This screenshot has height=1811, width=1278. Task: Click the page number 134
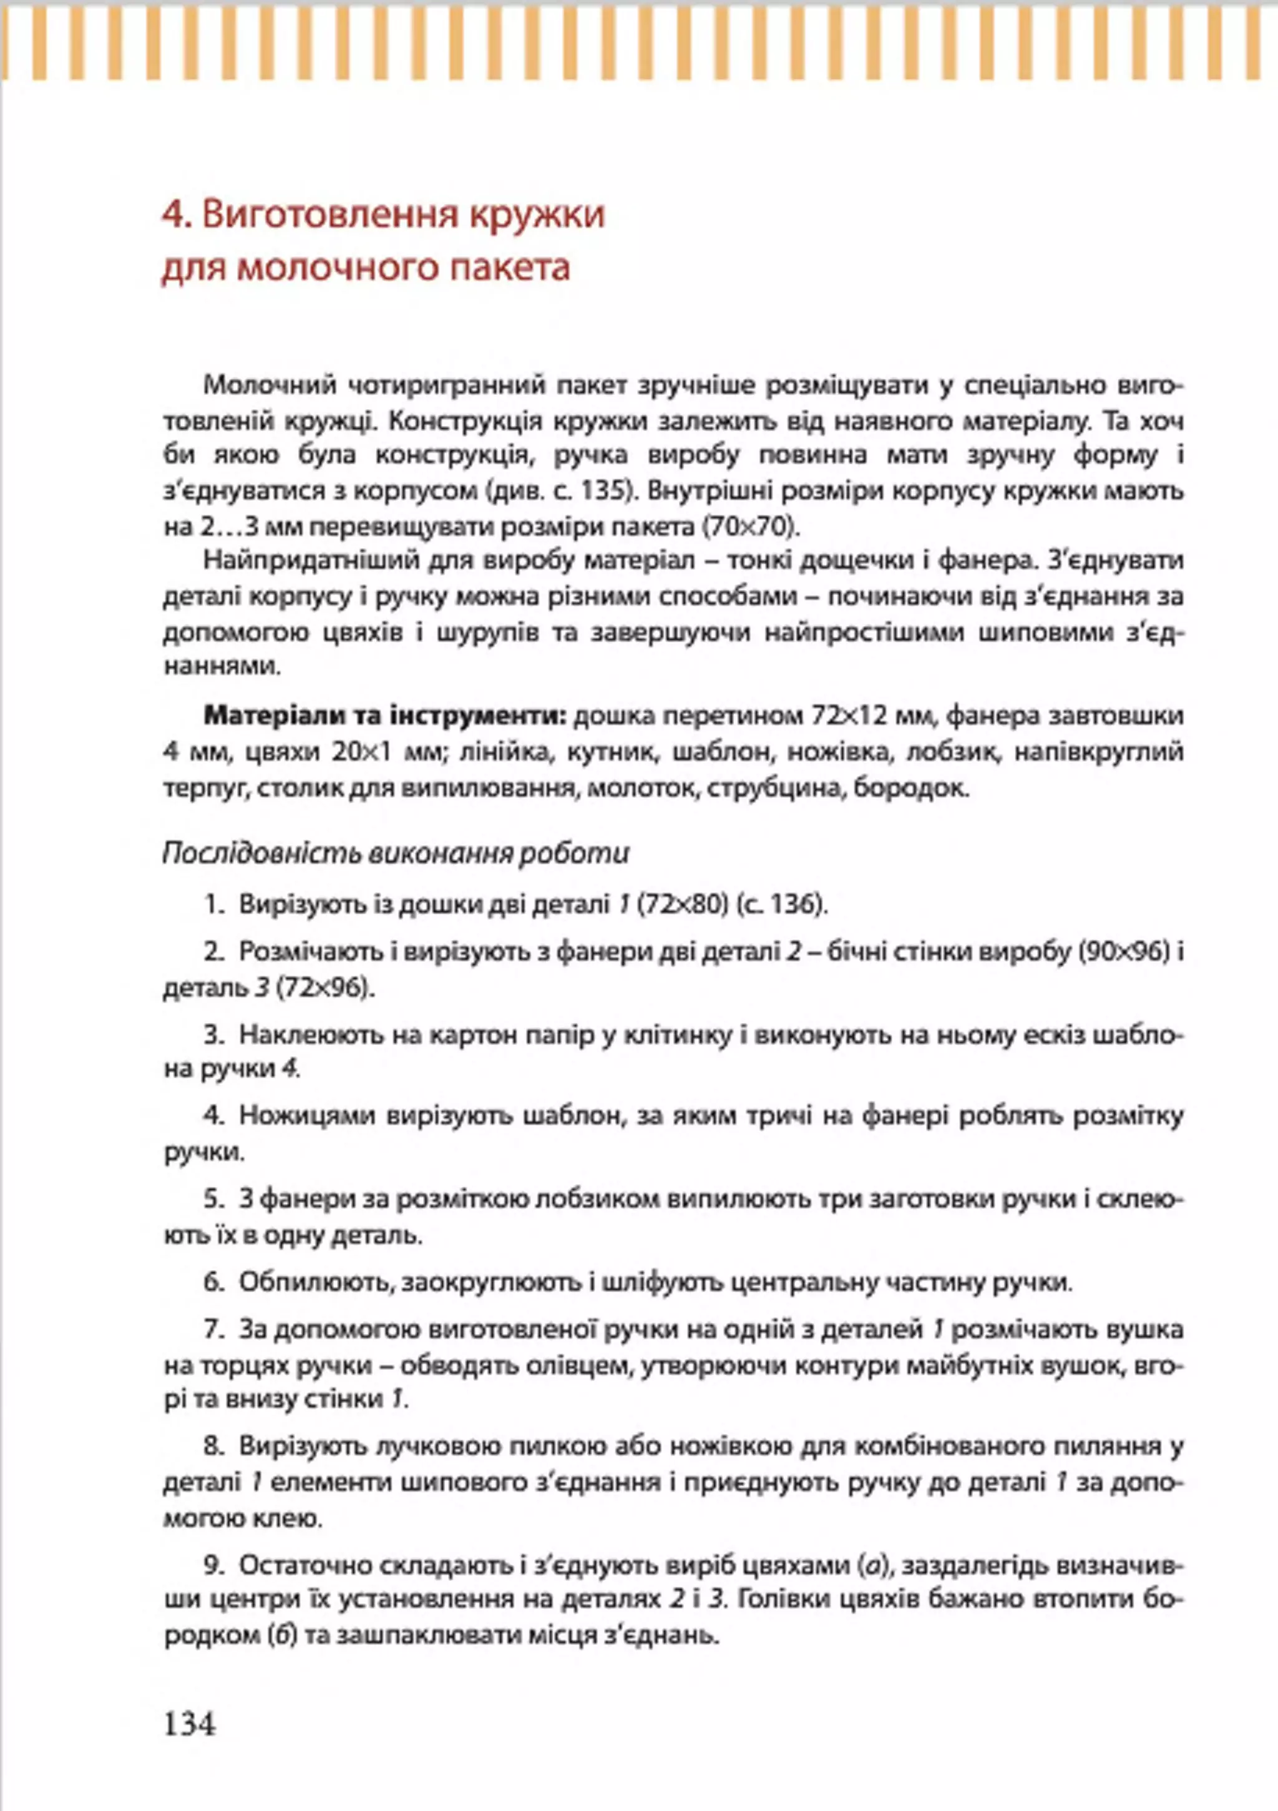tap(189, 1724)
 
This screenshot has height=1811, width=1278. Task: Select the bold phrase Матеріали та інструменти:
tap(386, 716)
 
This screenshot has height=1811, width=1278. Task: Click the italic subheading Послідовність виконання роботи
tap(396, 853)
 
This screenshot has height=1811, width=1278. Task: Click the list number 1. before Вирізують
tap(215, 905)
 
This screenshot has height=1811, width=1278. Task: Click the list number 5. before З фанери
tap(215, 1199)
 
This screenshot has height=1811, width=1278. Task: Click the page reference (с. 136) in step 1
tap(782, 905)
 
